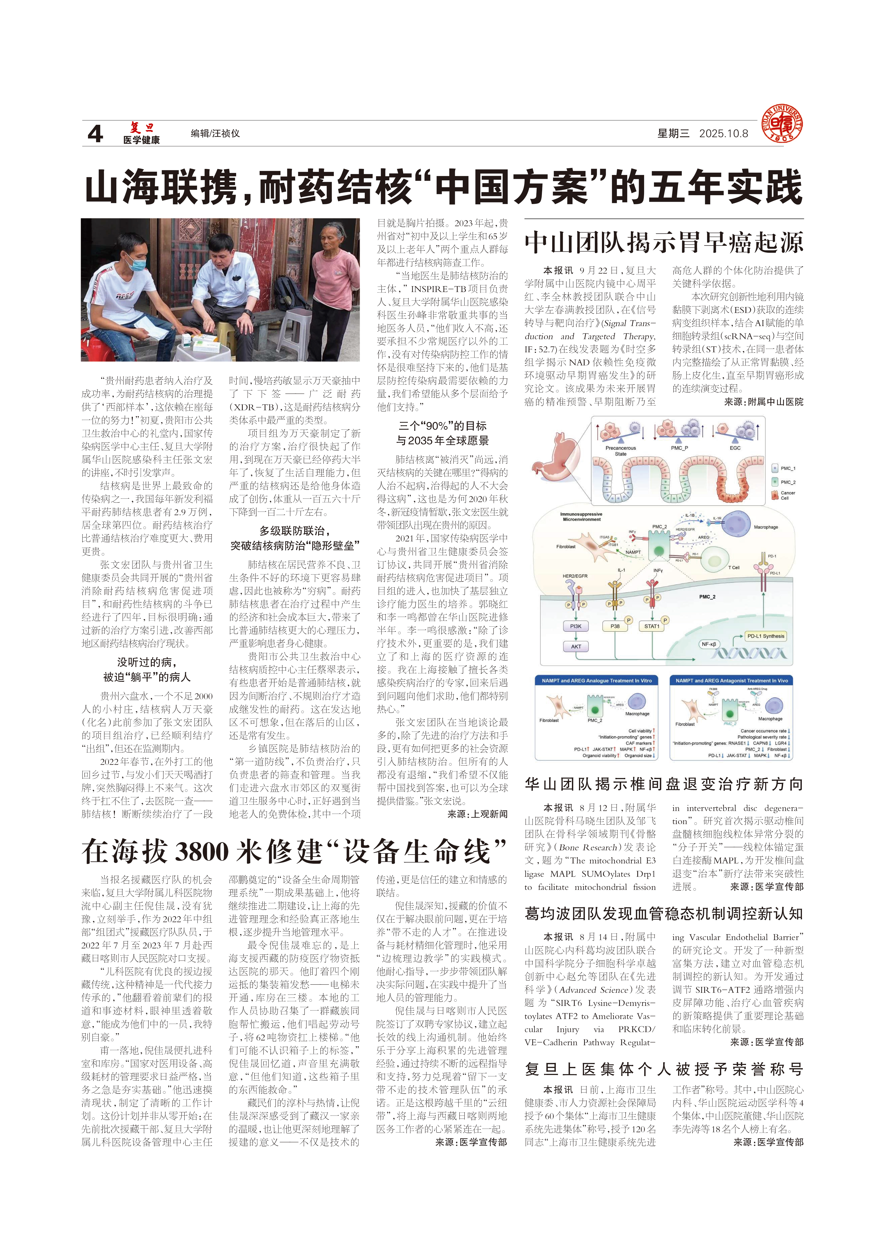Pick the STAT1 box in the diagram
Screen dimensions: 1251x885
click(652, 626)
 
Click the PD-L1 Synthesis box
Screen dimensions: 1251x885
click(766, 636)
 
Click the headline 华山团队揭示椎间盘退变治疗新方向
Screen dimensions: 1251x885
click(664, 784)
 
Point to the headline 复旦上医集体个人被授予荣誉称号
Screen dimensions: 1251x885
click(664, 1069)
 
